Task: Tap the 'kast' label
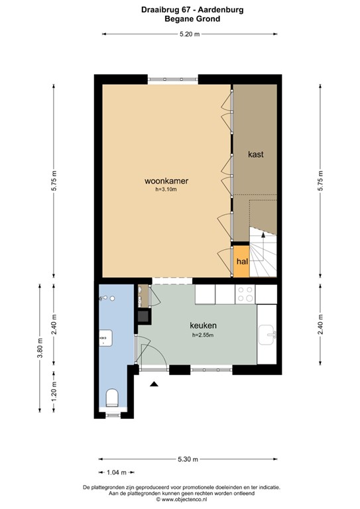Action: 256,154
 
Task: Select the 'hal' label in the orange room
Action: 241,260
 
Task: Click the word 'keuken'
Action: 204,325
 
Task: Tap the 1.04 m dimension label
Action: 117,472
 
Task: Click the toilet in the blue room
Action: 113,398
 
